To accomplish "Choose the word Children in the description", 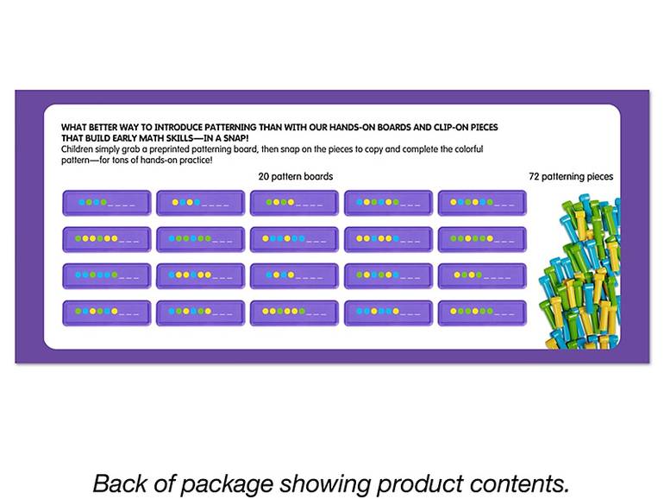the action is tap(77, 149).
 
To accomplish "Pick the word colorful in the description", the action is tap(469, 149).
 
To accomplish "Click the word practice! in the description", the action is tap(196, 161).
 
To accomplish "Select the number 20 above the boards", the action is tap(263, 176).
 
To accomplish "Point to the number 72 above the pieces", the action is tap(534, 176).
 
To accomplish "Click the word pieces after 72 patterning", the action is tap(601, 177).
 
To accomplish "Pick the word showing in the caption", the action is tap(325, 484).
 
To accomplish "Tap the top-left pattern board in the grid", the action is tap(107, 203).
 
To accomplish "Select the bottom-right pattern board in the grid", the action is tap(482, 313).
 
